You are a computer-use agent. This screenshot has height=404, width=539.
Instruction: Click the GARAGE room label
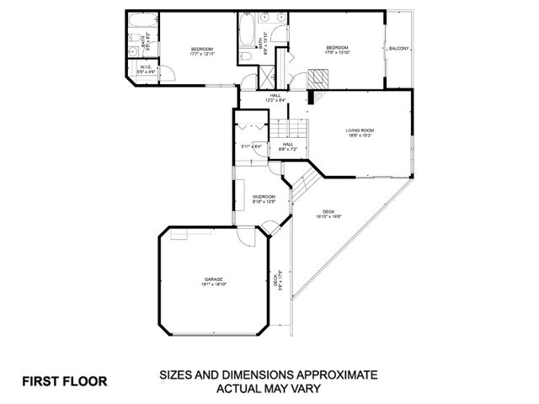point(211,279)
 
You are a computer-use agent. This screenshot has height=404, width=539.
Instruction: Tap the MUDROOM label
point(264,196)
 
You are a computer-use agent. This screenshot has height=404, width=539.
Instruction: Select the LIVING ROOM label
point(360,130)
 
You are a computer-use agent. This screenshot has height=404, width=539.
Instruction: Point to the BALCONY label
point(398,49)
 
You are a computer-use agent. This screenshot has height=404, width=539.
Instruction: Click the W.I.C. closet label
point(147,68)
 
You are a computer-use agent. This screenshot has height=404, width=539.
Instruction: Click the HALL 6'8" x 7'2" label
point(287,146)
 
